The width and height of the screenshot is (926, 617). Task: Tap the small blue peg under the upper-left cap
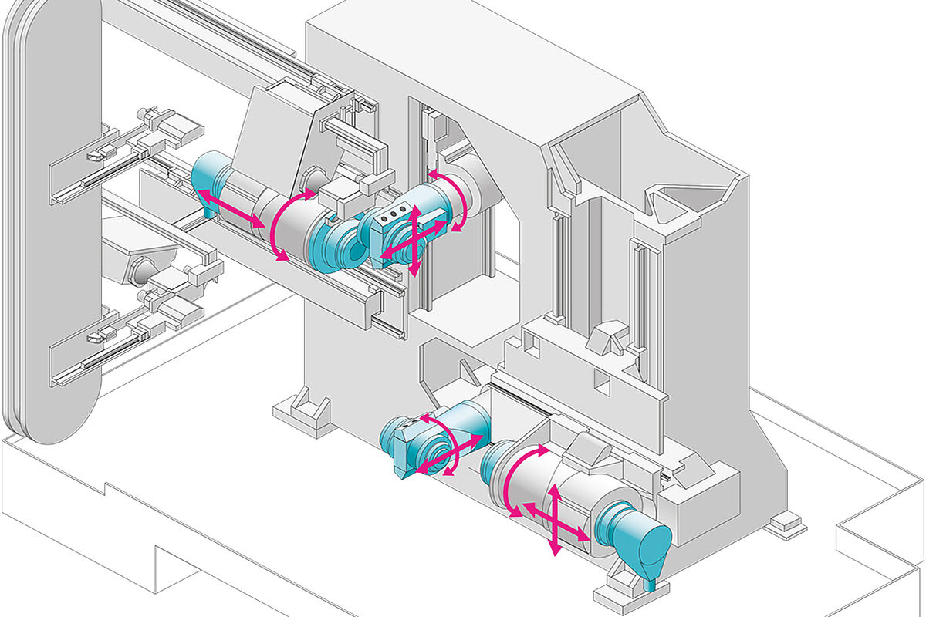[210, 207]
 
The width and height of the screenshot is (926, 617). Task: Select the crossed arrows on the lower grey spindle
[555, 520]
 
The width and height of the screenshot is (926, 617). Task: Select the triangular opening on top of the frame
[679, 201]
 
